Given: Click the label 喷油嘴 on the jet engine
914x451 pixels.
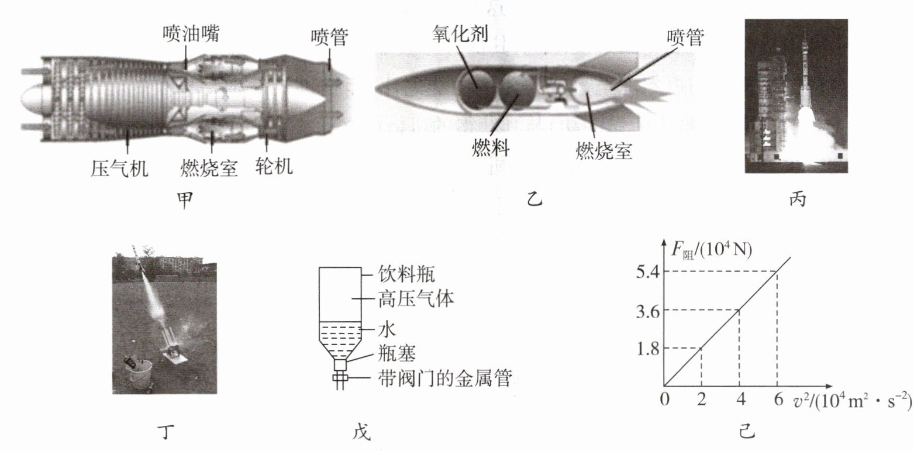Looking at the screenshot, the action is point(191,35).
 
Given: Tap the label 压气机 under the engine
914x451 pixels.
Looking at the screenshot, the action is point(119,168).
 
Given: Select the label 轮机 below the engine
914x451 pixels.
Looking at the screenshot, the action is point(274,167).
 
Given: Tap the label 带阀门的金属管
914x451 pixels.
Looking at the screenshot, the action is point(444,379).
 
